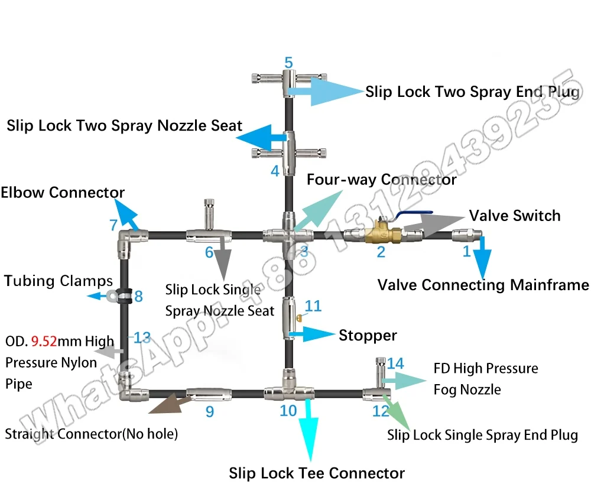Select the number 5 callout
288,63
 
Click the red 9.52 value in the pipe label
43,341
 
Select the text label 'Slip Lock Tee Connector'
317,473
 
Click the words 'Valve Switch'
514,216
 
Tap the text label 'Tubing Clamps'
58,281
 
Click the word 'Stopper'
368,336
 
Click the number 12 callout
381,411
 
